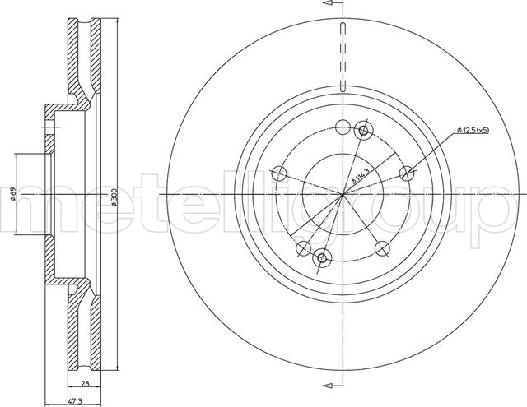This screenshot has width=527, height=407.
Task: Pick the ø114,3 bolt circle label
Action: (x=360, y=173)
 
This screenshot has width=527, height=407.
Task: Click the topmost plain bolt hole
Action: (x=342, y=127)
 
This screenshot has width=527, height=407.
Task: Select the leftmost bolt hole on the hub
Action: (x=279, y=173)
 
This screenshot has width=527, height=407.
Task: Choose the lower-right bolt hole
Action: (x=381, y=247)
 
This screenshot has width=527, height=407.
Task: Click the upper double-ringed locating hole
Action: (x=362, y=131)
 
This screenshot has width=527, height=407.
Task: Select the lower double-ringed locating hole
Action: (x=322, y=257)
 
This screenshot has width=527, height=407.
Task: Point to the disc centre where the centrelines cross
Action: (x=343, y=194)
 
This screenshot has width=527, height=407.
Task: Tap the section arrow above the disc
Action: (x=333, y=6)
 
